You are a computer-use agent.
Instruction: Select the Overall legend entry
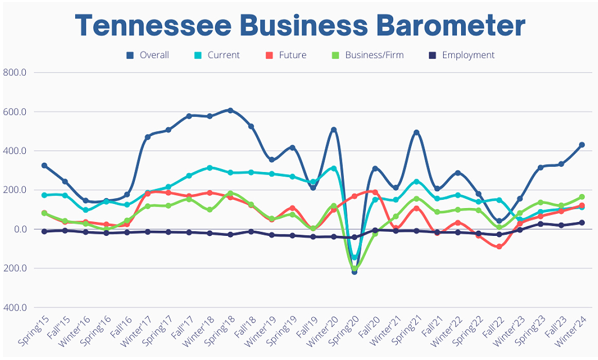[x=148, y=55]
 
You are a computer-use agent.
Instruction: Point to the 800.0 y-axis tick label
[x=14, y=73]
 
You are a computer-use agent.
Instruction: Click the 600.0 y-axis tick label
[x=14, y=112]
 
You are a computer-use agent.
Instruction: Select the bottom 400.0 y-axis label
[x=14, y=307]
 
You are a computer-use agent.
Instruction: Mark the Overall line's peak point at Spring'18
[x=231, y=110]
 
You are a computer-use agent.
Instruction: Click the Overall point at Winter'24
[x=582, y=145]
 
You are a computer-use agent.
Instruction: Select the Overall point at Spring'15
[x=44, y=165]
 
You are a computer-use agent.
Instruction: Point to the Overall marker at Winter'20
[x=333, y=130]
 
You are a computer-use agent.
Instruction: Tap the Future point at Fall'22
[x=499, y=247]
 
